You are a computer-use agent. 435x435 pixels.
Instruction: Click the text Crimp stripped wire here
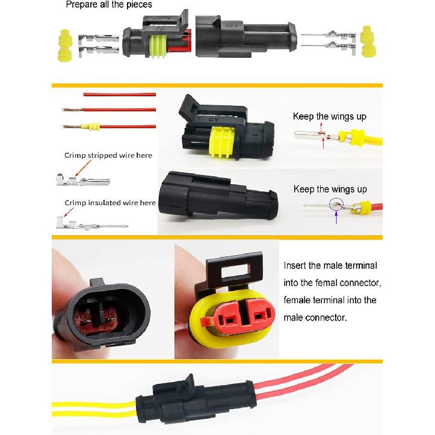coord(108,155)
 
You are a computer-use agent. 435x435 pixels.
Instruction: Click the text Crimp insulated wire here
coord(110,203)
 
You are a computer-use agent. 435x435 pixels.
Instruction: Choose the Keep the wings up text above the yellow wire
coord(329,116)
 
